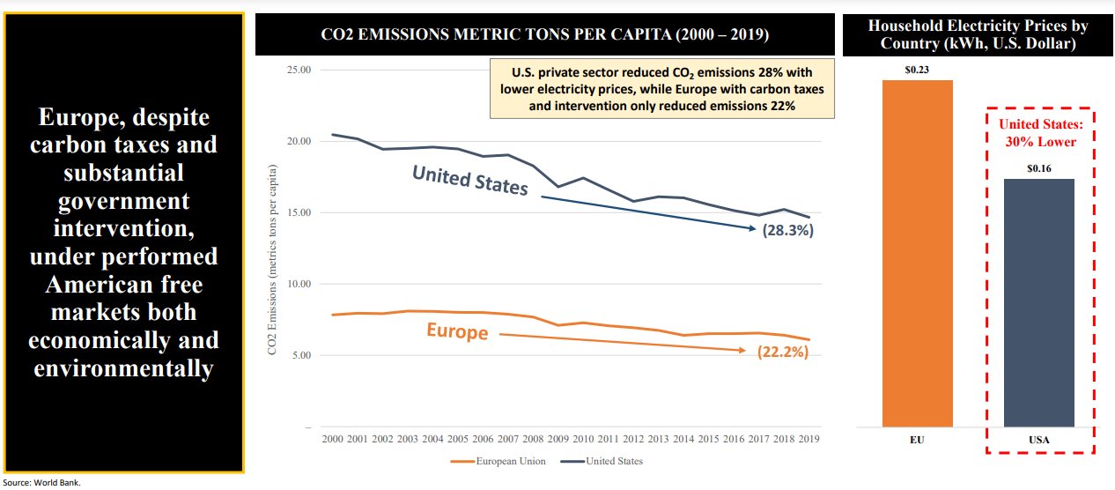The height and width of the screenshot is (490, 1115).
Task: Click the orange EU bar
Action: [917, 253]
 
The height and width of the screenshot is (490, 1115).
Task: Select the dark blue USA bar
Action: [1039, 302]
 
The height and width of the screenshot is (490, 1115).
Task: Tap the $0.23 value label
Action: [917, 68]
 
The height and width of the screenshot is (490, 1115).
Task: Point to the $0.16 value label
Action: [1039, 167]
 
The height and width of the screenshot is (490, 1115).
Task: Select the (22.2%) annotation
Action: [782, 352]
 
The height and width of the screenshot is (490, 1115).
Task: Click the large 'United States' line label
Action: [470, 181]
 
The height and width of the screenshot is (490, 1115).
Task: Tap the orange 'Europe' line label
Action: [457, 331]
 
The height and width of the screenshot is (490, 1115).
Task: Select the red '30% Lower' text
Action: [1040, 141]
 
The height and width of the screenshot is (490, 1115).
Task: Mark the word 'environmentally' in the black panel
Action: [123, 367]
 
